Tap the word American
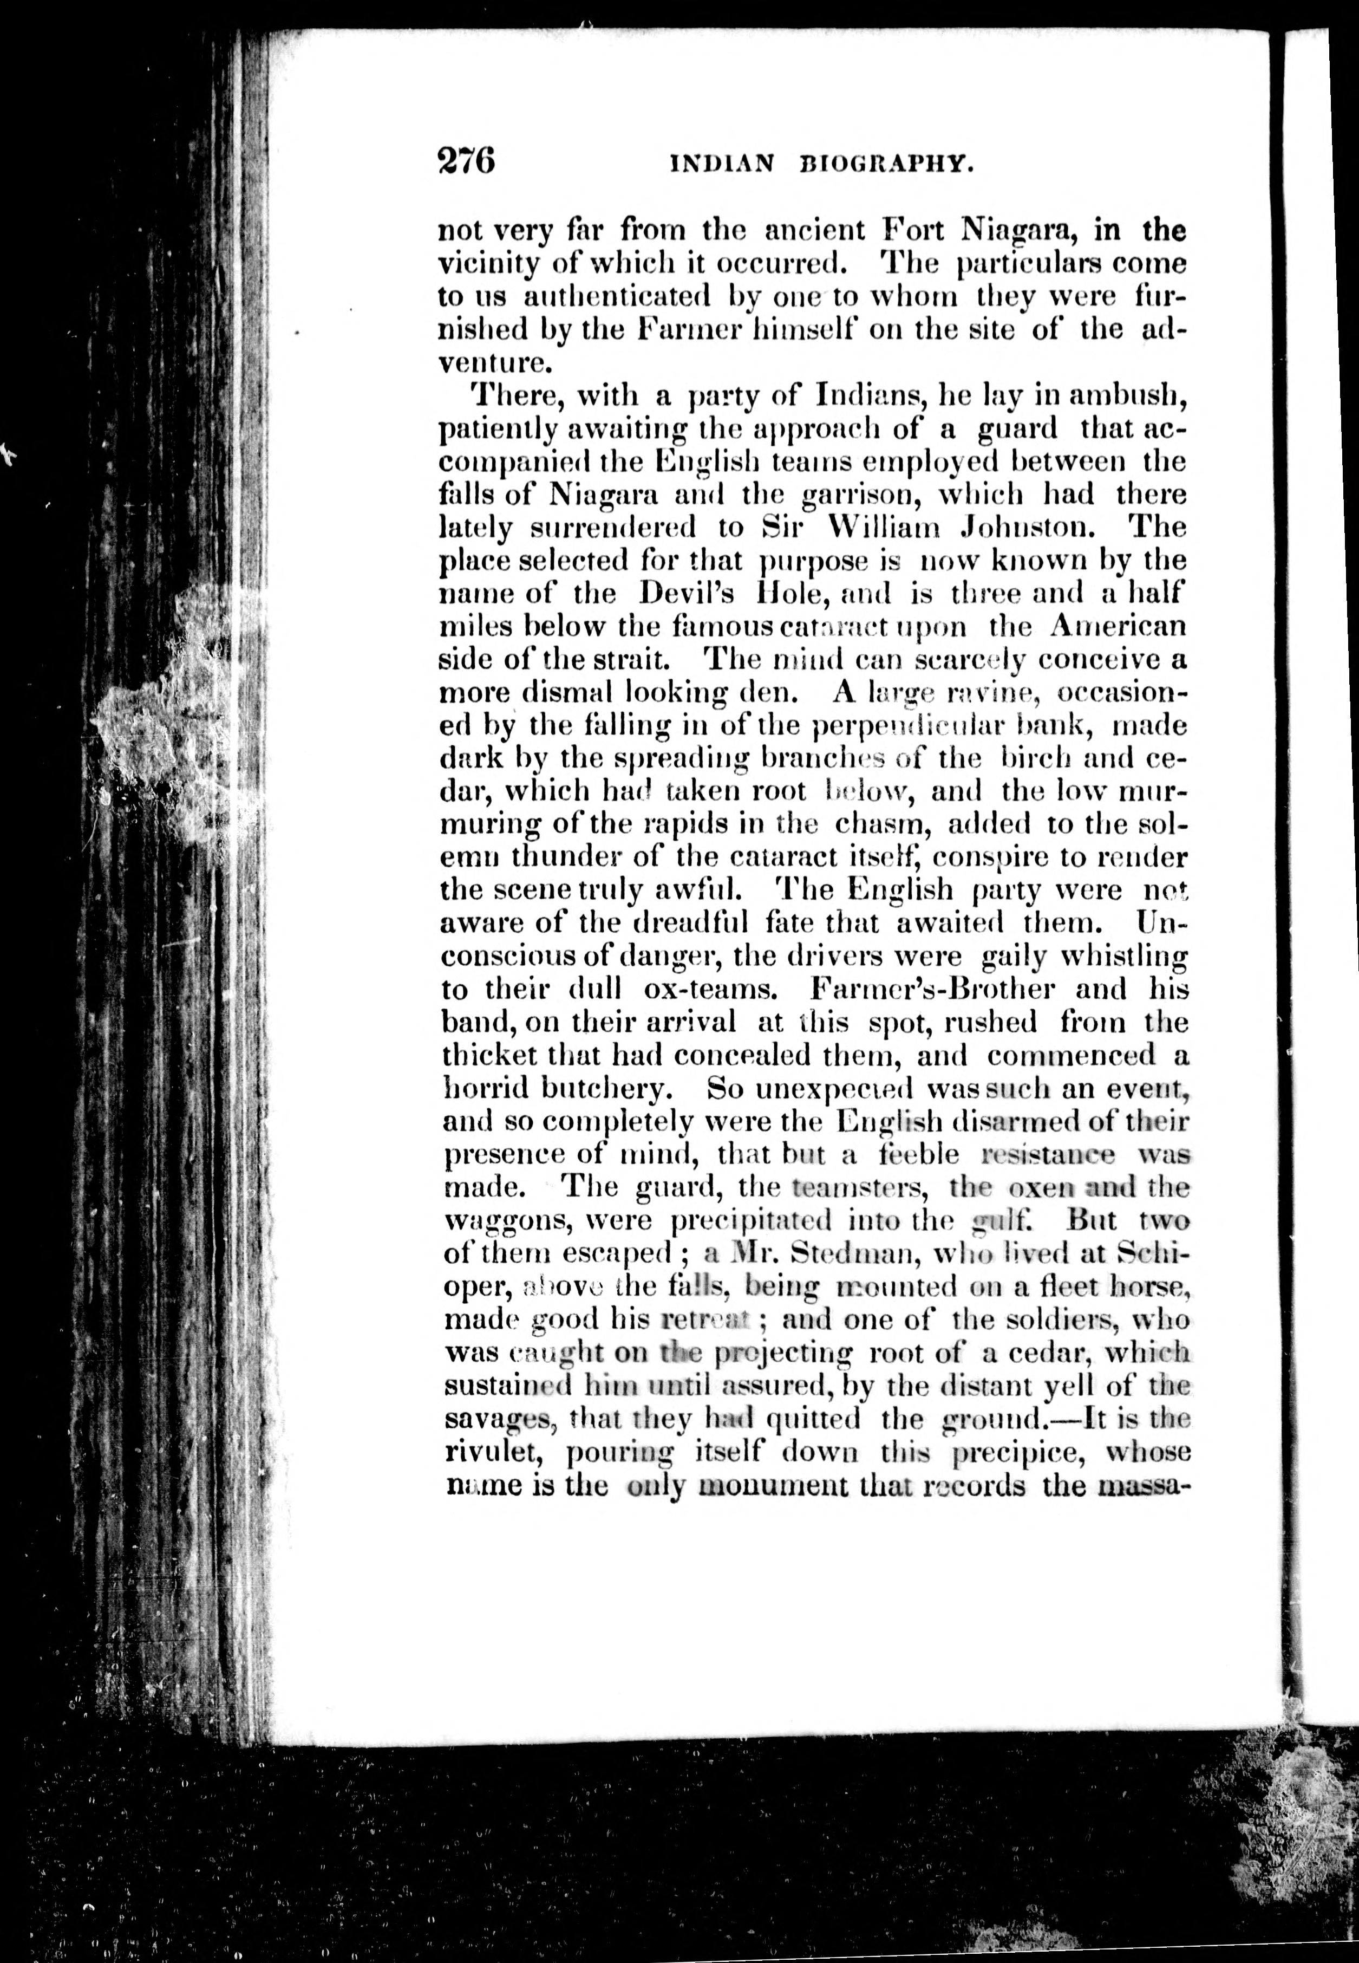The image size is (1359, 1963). pyautogui.click(x=1118, y=626)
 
